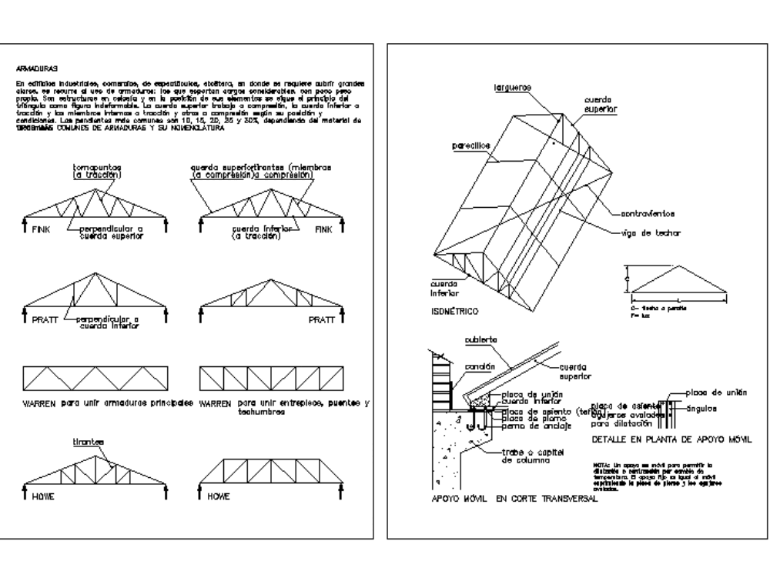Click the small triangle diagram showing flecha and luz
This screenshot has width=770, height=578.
pos(678,277)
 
